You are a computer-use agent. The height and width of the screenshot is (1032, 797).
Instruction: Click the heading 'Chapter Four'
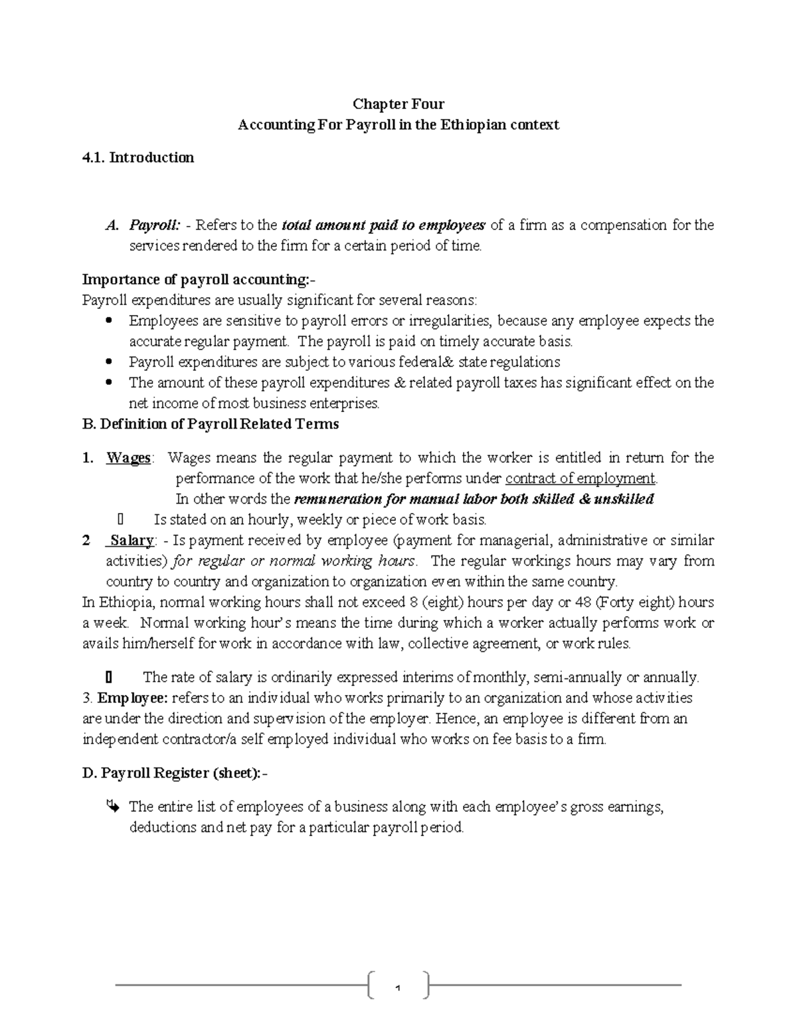(398, 104)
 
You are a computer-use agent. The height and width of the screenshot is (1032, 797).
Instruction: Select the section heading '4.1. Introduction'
(137, 157)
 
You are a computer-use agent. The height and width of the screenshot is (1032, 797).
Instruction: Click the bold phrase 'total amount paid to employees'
(384, 225)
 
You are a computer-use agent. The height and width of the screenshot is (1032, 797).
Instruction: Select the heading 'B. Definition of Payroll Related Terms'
(211, 424)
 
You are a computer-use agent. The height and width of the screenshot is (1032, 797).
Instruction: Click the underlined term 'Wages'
(128, 458)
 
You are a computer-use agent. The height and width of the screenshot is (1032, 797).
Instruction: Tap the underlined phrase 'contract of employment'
(580, 478)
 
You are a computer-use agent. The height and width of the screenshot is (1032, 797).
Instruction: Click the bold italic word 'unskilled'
(624, 499)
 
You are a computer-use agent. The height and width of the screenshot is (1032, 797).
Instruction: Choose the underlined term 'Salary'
(132, 540)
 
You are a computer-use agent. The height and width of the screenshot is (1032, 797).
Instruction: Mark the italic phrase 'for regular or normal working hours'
(294, 561)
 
